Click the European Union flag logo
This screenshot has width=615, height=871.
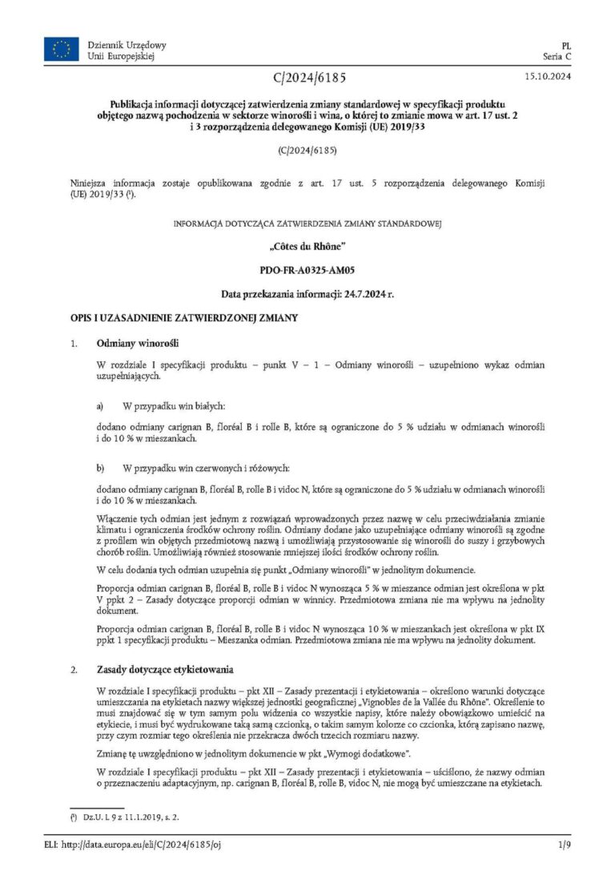(x=61, y=50)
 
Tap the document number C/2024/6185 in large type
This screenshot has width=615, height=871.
(x=307, y=78)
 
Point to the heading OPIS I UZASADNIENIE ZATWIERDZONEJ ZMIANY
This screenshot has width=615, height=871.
(x=184, y=318)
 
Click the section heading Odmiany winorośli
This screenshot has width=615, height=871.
(x=131, y=344)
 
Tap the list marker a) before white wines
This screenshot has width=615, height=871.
(x=100, y=406)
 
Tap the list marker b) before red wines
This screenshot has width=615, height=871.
(x=100, y=467)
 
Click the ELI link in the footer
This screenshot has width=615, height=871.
(x=145, y=845)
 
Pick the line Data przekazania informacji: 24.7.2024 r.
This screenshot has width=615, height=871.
(x=307, y=294)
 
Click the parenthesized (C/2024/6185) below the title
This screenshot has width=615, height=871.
(x=307, y=150)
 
